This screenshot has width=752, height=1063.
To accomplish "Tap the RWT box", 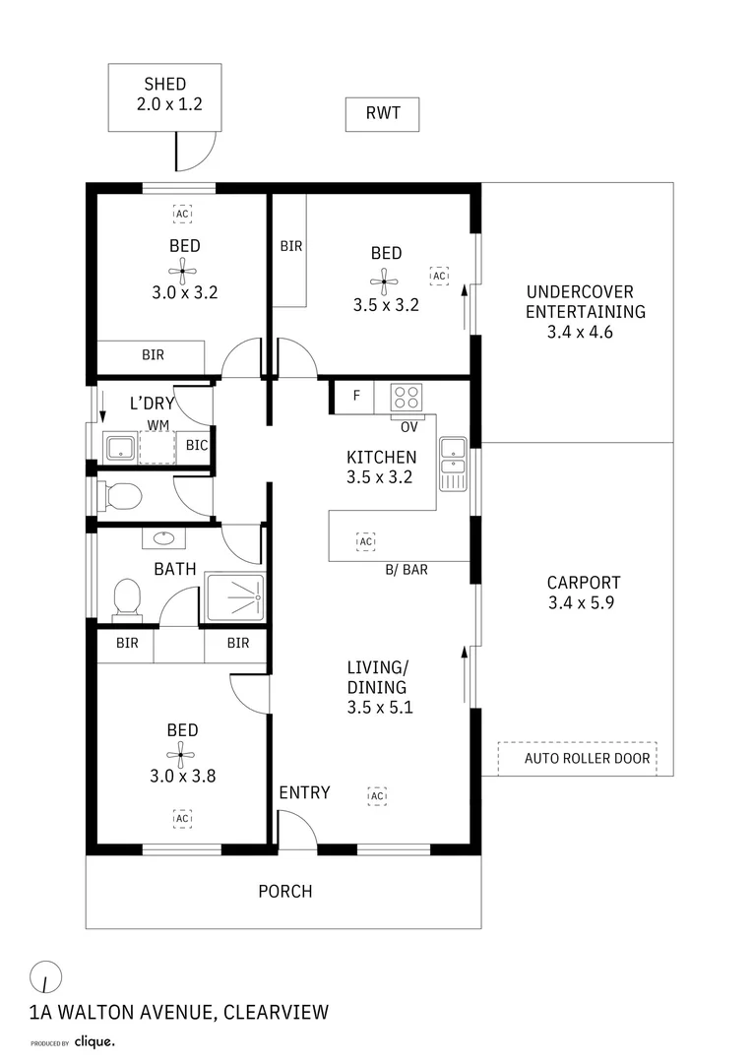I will point(382,114).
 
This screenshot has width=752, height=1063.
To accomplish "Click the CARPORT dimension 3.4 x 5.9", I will point(581,603).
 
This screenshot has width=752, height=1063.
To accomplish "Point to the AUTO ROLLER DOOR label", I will point(587,758).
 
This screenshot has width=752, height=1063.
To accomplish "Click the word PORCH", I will point(284,892).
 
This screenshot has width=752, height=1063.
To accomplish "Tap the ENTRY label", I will point(304,792).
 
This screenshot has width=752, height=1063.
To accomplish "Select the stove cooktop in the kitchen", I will point(407,397).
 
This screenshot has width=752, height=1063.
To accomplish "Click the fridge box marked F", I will point(355,397).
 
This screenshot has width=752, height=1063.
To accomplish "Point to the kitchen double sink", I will point(453,464).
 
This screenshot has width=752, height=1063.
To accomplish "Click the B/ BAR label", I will point(407,569).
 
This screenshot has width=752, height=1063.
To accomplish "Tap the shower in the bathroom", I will point(235,597).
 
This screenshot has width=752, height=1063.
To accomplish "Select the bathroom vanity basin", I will point(161,538).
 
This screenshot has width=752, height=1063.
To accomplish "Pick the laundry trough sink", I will point(120,447).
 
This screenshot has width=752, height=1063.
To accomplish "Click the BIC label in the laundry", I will point(197,446).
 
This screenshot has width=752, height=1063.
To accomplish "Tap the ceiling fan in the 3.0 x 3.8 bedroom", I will point(181,754).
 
